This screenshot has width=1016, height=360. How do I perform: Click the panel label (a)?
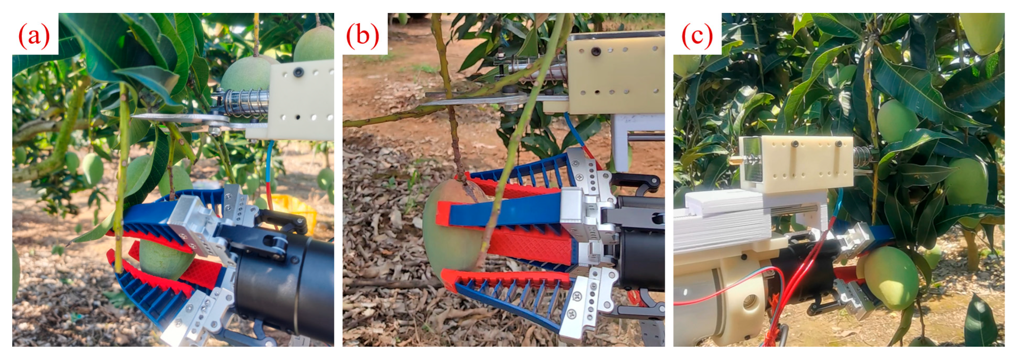(x=34, y=36)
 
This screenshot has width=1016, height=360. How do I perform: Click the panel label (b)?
(x=362, y=36)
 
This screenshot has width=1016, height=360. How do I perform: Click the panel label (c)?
(x=697, y=36)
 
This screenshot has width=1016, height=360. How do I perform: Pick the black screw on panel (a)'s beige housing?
(x=298, y=72)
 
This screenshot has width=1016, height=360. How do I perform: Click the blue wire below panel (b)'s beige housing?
(x=574, y=130)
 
